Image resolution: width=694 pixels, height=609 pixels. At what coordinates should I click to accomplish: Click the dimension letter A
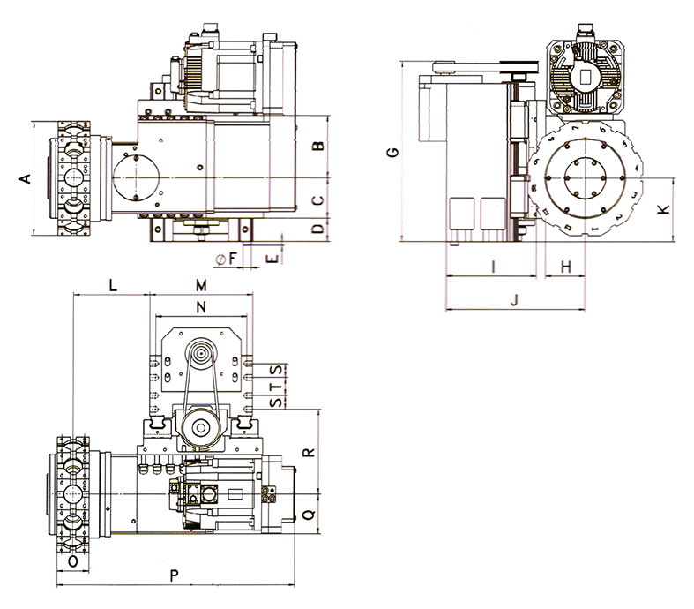(26, 178)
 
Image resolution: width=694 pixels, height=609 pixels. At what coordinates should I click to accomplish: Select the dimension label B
(319, 145)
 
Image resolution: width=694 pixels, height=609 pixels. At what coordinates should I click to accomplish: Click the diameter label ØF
(226, 259)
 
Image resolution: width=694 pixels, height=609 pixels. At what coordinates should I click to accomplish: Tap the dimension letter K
(664, 209)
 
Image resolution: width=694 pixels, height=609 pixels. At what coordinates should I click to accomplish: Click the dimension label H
(567, 266)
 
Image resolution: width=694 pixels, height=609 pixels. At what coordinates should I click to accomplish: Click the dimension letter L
(112, 284)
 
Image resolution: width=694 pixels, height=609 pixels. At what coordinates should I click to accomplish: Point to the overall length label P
(175, 575)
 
